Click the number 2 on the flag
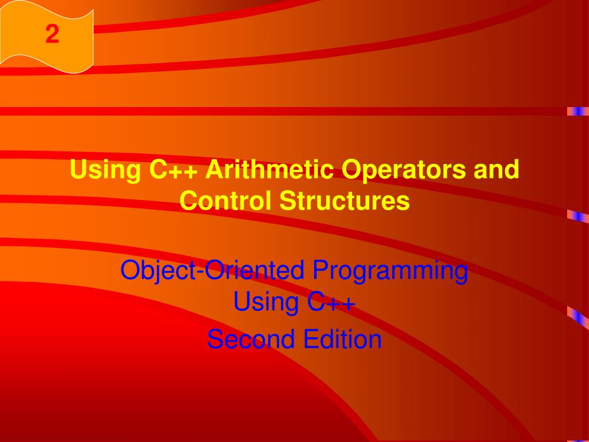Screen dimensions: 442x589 tap(52, 36)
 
